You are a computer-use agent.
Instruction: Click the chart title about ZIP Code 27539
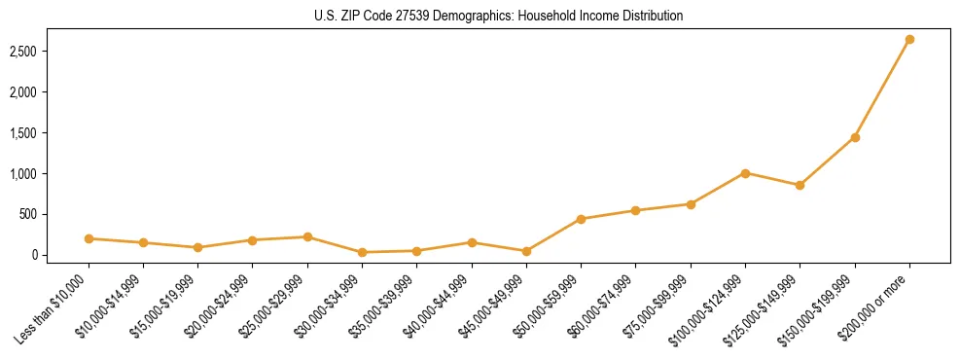coord(480,17)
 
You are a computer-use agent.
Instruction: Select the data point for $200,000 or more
coord(909,40)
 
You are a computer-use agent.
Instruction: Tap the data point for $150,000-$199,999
coord(855,137)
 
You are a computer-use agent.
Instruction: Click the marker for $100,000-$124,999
coord(745,173)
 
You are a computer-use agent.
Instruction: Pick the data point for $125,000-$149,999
coord(800,185)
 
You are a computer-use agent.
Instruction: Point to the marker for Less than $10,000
coord(89,238)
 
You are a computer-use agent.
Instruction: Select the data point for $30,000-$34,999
coord(362,252)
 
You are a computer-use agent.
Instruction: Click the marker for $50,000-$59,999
coord(581,219)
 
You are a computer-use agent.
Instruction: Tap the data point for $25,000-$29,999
coord(307,236)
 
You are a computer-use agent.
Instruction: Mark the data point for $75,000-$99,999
coord(691,204)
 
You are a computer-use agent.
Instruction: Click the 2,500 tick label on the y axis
coord(34,51)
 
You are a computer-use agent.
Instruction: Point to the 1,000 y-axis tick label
coord(34,173)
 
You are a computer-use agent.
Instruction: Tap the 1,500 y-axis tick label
coord(34,132)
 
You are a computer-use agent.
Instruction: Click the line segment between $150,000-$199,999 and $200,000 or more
coord(882,89)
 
